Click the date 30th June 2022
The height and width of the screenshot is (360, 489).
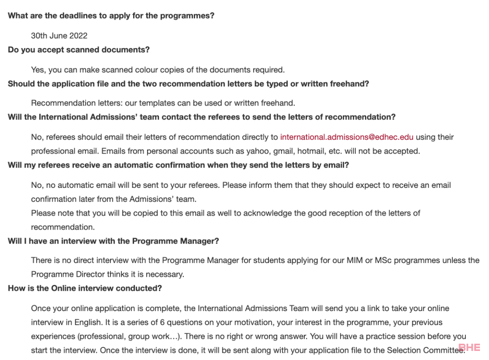pos(59,36)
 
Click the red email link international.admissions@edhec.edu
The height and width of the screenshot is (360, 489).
pos(346,137)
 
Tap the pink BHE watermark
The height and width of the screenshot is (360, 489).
pos(469,348)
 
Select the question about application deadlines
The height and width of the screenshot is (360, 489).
pos(111,16)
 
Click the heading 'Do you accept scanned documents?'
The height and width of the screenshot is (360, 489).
pos(78,50)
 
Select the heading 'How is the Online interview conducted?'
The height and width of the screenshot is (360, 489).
pos(85,288)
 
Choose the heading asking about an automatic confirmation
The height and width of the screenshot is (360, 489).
pos(178,165)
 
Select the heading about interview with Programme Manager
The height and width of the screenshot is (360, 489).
pos(113,241)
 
